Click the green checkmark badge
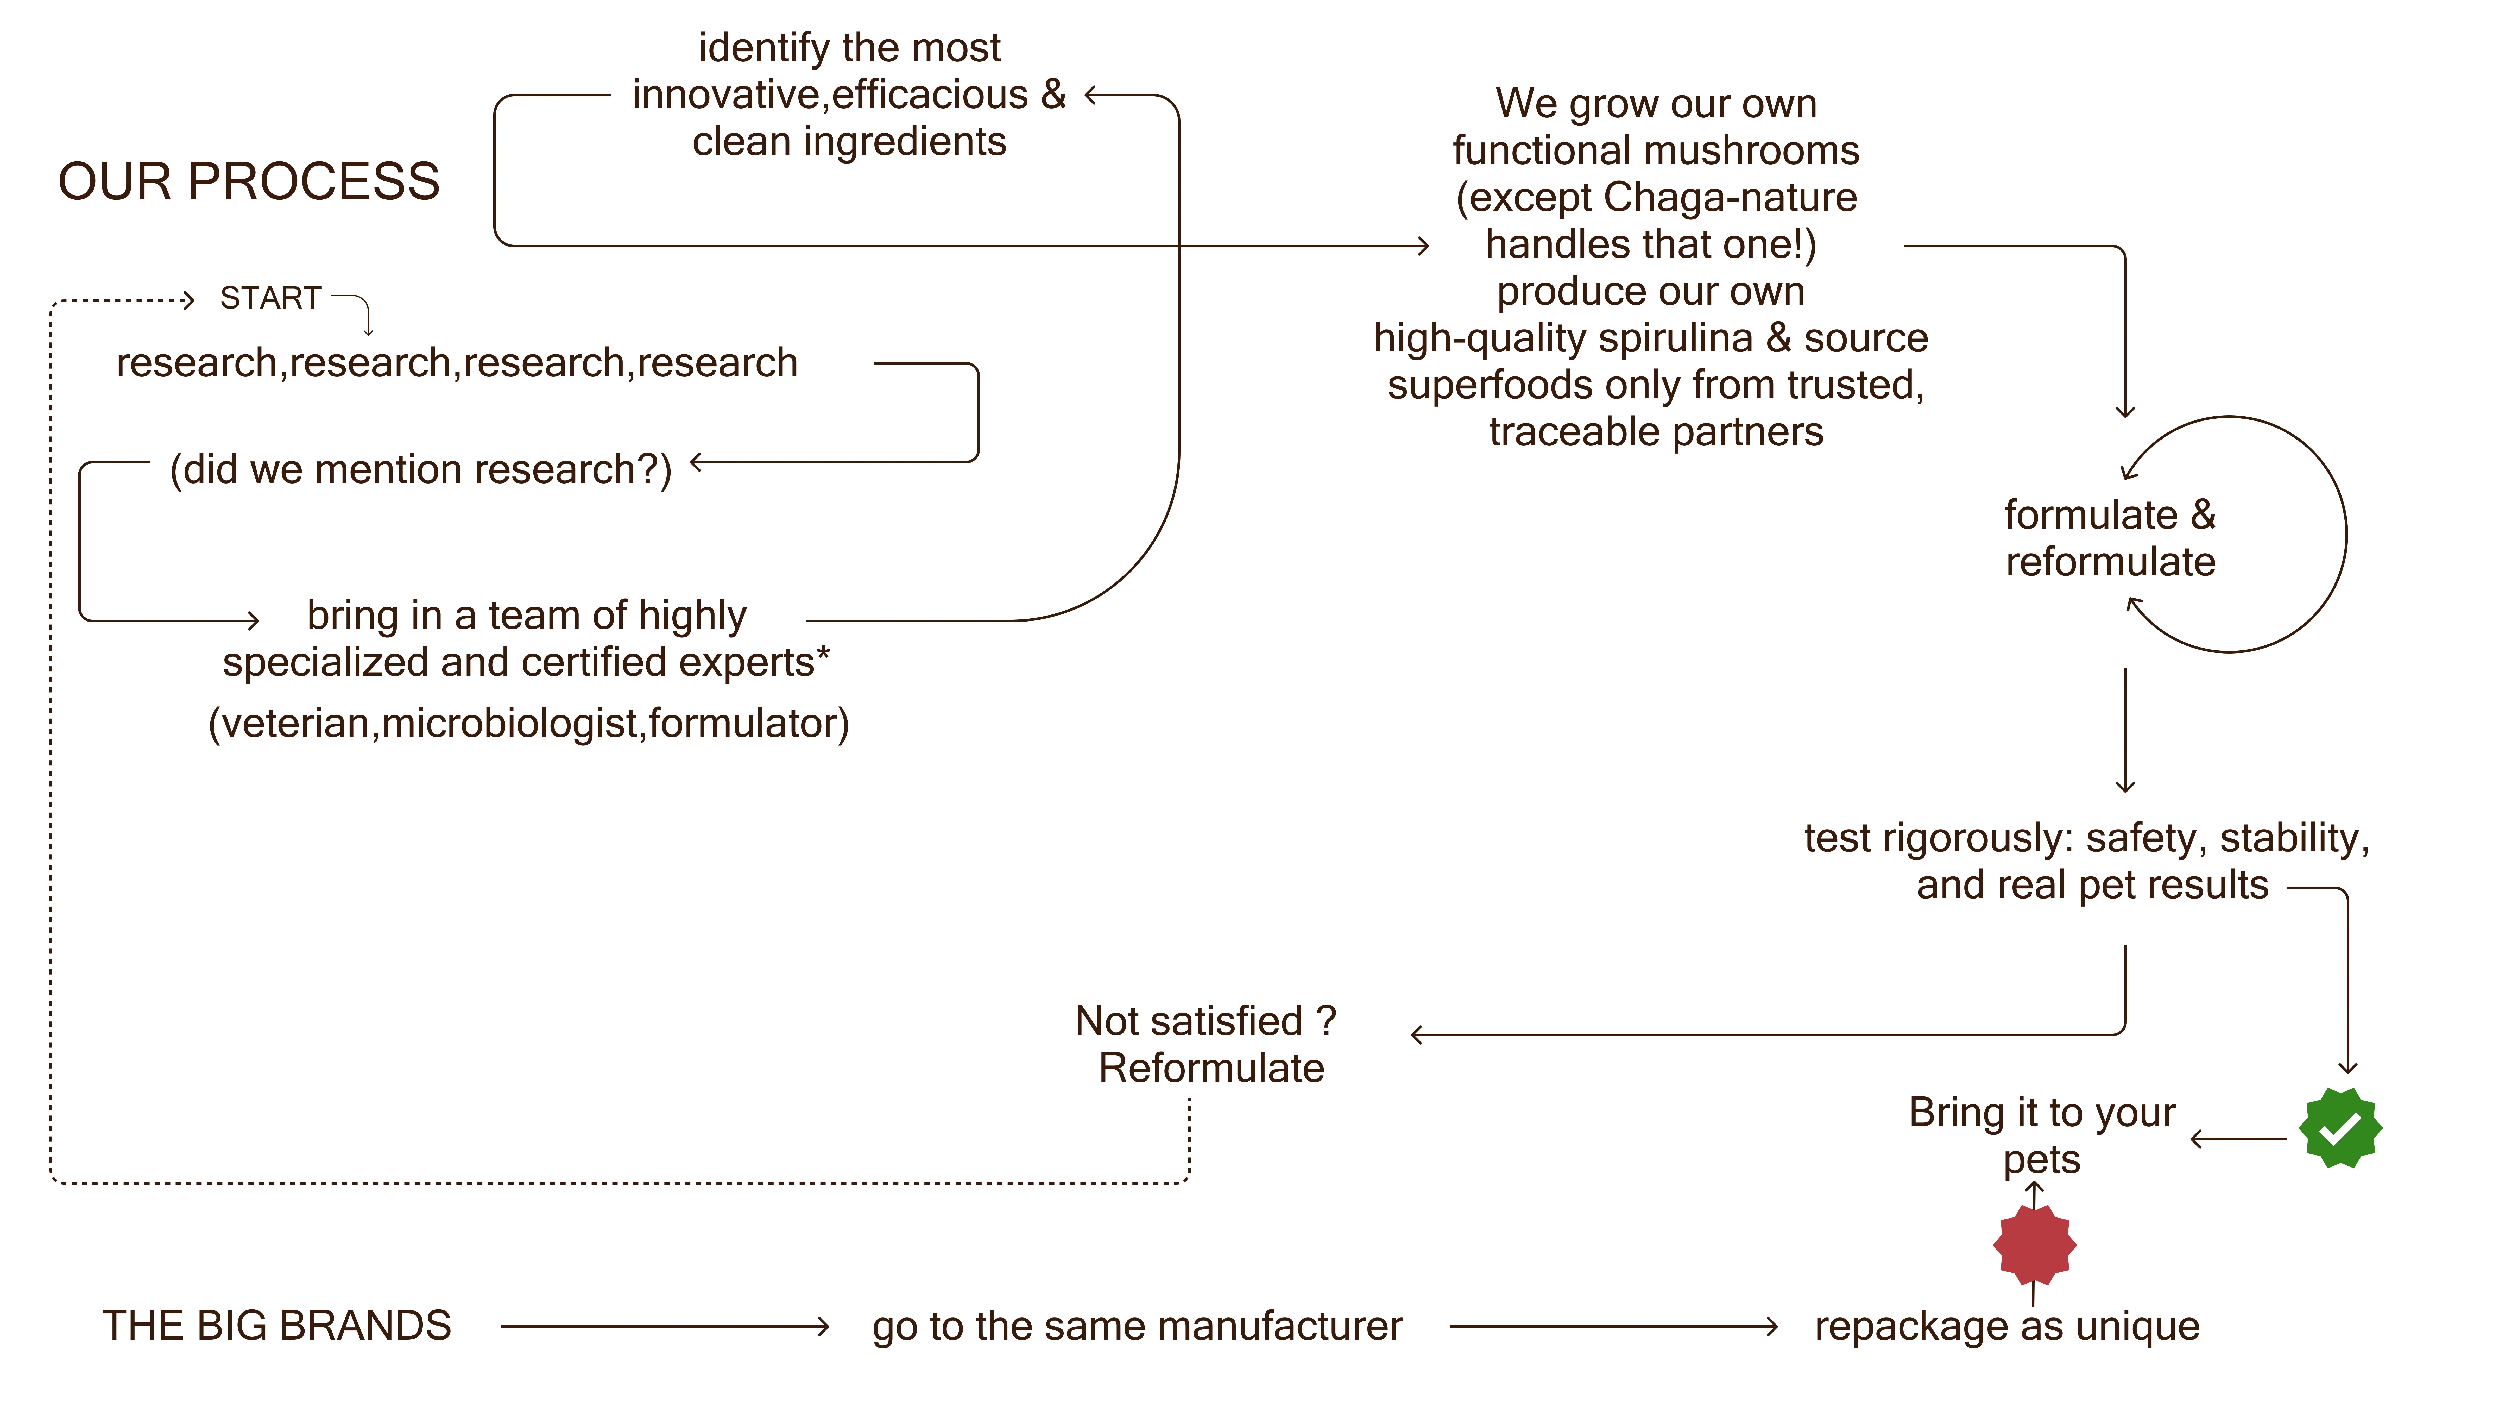[x=2340, y=1127]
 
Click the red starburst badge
[x=2034, y=1245]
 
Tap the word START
[x=271, y=298]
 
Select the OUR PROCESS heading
[x=249, y=181]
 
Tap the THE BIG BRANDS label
[x=277, y=1326]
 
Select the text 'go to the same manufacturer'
[x=1137, y=1326]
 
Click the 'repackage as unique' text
[x=2007, y=1326]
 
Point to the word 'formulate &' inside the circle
[x=2110, y=515]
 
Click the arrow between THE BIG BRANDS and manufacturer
[x=666, y=1326]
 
